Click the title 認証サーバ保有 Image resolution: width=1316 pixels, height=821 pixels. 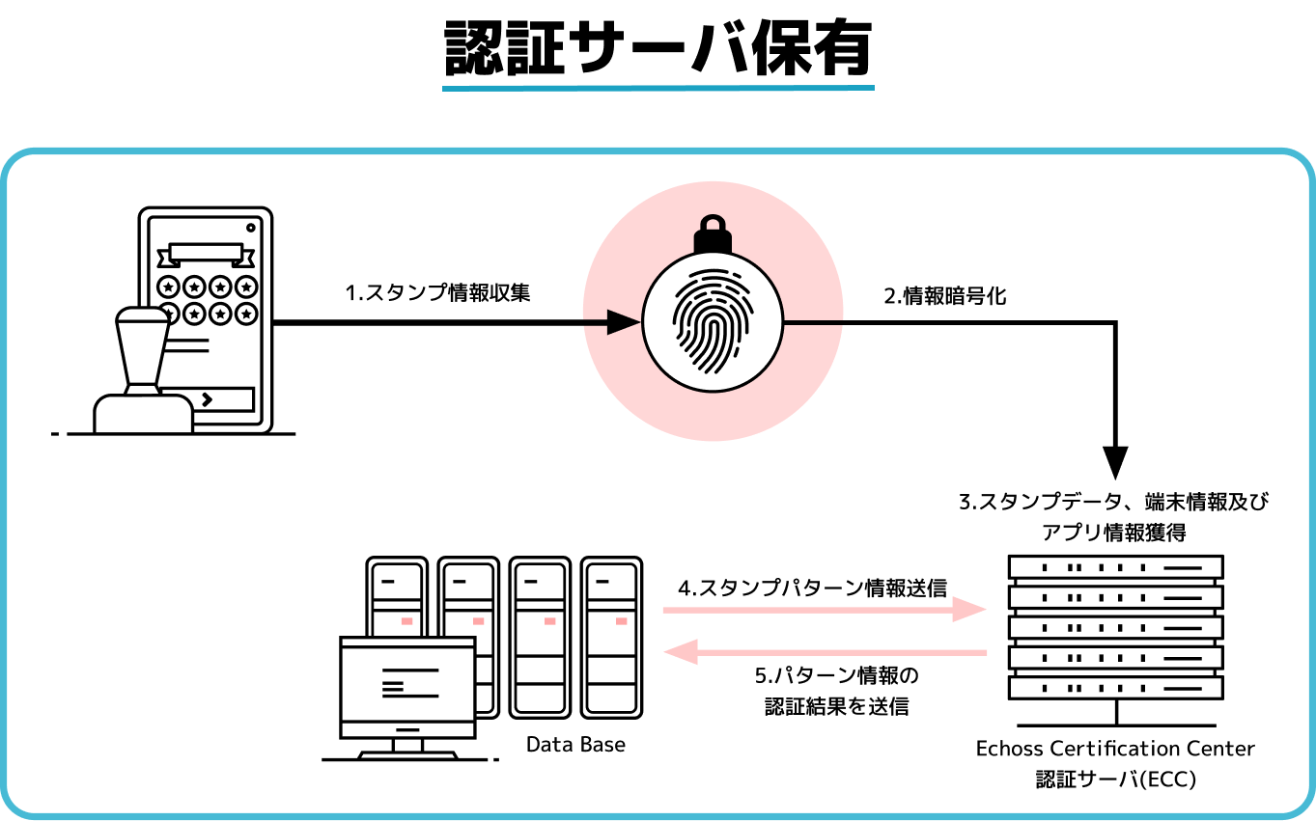pos(658,48)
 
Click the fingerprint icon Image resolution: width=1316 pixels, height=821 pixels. pos(713,321)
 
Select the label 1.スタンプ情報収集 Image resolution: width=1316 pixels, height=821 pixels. pos(437,292)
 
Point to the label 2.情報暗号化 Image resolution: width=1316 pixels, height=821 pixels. pos(944,296)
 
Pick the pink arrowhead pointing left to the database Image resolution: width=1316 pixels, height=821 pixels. pos(681,652)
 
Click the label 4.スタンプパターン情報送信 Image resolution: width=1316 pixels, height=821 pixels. pos(813,588)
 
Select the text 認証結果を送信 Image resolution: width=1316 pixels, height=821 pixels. pos(836,706)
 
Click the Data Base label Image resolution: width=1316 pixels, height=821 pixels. pos(575,744)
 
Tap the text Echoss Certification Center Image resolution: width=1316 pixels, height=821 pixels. pos(1115,749)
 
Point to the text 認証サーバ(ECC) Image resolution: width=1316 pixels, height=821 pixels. pos(1115,779)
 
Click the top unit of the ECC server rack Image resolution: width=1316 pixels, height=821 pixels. pos(1116,567)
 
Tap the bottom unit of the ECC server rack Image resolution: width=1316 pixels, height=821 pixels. pos(1116,688)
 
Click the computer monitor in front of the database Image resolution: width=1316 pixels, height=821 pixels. pos(407,688)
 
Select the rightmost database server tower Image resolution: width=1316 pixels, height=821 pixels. pos(611,638)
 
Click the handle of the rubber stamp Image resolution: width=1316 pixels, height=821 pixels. pos(142,346)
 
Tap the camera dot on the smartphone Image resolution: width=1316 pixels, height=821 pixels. pos(251,228)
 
